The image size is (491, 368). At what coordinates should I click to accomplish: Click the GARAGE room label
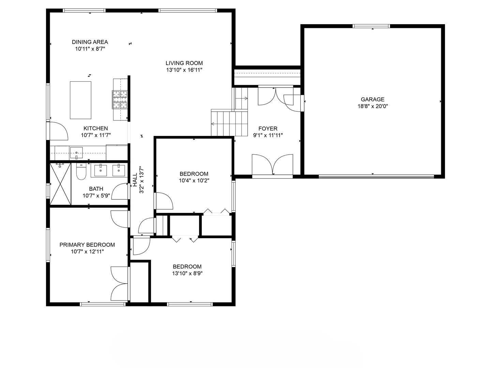pos(372,99)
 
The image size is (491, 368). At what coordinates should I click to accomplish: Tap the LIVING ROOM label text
pos(184,63)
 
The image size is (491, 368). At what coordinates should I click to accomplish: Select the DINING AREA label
pos(90,42)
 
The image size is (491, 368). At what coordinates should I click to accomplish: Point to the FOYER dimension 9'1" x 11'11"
pos(268,135)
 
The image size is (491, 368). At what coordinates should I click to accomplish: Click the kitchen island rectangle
pos(80,100)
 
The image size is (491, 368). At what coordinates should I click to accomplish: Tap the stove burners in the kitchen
pos(120,99)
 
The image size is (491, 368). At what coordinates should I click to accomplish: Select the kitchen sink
pos(76,153)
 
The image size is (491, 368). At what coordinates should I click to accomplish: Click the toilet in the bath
pos(81,171)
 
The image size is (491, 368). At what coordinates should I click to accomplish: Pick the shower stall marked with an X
pos(60,184)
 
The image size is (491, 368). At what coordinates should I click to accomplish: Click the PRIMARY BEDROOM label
pos(87,245)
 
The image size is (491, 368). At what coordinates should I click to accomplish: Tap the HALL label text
pos(135,180)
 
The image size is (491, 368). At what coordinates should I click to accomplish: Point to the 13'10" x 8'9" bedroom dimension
pos(187,273)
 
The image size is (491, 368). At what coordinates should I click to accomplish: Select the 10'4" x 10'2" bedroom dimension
pos(194,180)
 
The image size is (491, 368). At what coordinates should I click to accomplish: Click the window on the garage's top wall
pos(371,26)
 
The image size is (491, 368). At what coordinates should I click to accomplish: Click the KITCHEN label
pos(96,128)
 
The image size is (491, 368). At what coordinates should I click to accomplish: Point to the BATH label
pos(96,189)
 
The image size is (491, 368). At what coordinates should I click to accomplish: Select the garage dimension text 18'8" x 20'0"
pos(373,106)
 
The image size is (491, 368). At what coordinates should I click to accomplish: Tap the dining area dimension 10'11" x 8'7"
pos(90,49)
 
